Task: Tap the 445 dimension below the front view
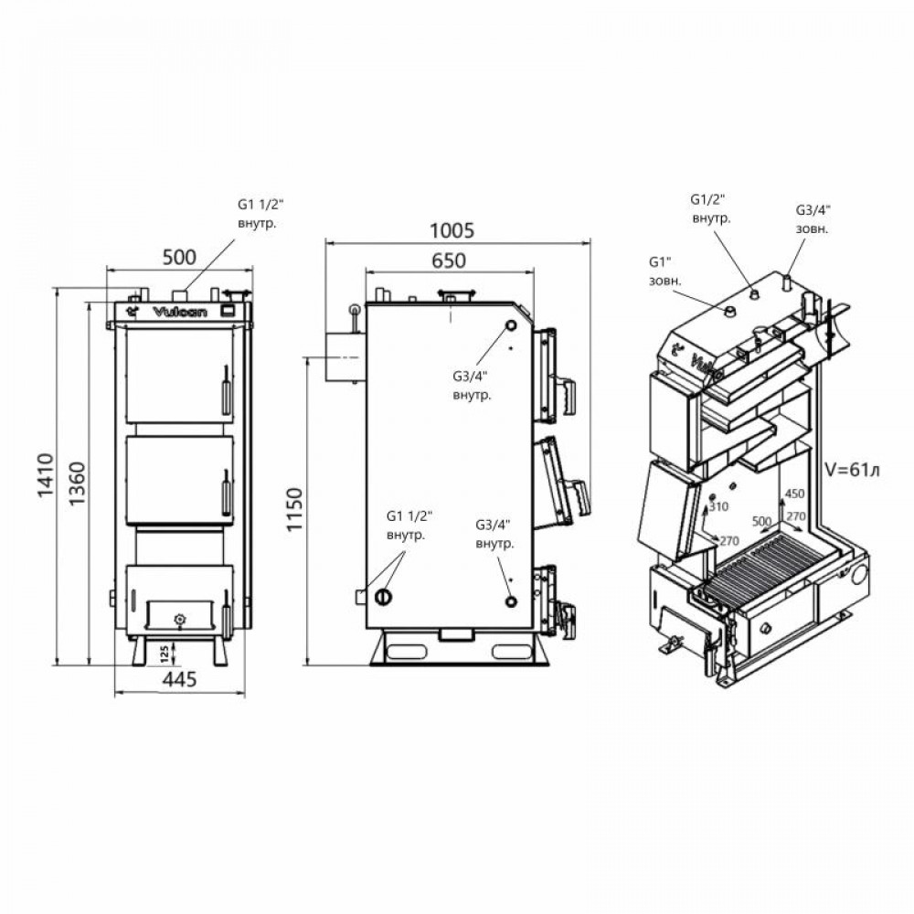(x=179, y=681)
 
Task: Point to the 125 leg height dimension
(x=163, y=652)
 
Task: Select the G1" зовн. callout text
(x=664, y=271)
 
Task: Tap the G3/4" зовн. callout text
(x=812, y=219)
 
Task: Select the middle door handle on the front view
(x=223, y=494)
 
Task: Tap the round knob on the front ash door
(x=179, y=619)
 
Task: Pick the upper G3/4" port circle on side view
(x=511, y=326)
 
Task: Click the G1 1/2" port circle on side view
(x=383, y=597)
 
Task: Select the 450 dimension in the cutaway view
(x=794, y=494)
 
